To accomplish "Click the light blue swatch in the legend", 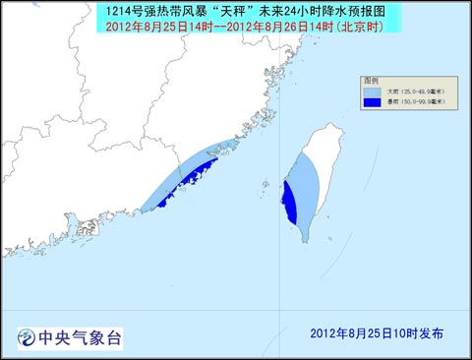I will pos(372,89).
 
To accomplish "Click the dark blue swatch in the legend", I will pos(372,101).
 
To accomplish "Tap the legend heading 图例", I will pos(370,78).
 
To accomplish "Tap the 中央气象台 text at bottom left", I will pos(78,337).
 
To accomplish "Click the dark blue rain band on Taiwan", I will pos(289,203).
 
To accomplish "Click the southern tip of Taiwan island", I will pos(305,240).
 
